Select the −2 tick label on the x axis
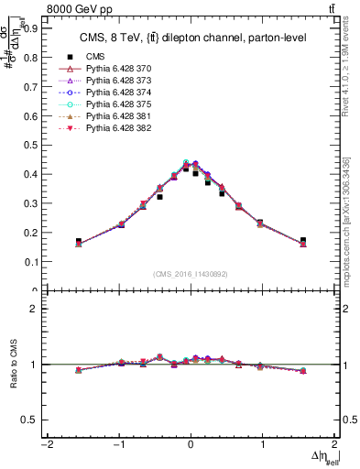click(44, 446)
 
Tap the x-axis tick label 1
click(262, 446)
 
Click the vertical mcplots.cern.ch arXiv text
click(353, 220)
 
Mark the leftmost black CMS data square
click(79, 241)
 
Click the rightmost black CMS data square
click(302, 240)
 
